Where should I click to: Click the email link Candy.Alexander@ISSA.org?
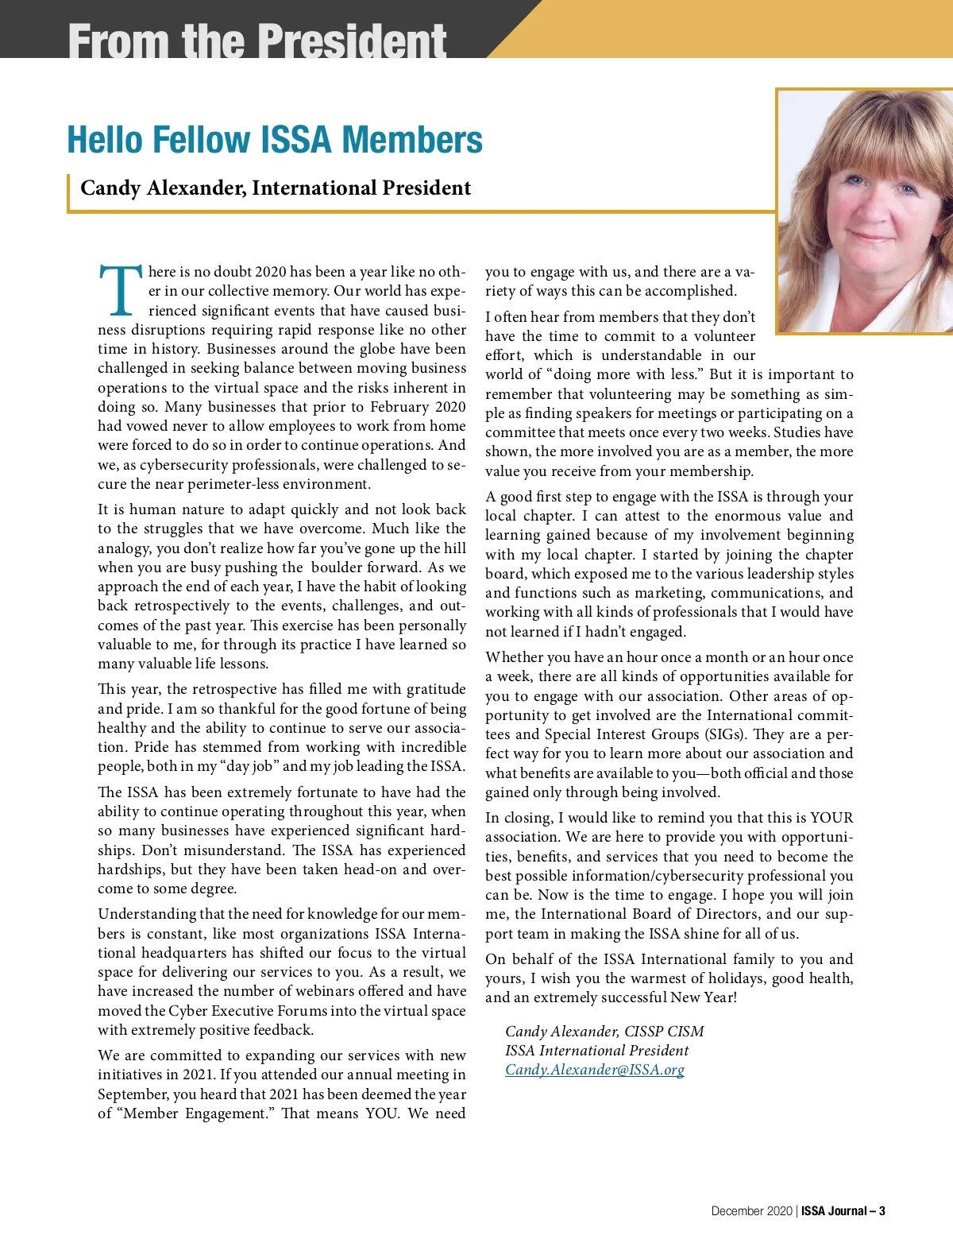click(595, 1070)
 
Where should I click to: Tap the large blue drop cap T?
click(120, 290)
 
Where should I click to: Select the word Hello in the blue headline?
click(105, 140)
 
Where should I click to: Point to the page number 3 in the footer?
click(882, 1211)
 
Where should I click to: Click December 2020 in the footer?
click(751, 1211)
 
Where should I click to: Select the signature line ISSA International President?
click(596, 1051)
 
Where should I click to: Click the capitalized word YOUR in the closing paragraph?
click(831, 818)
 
